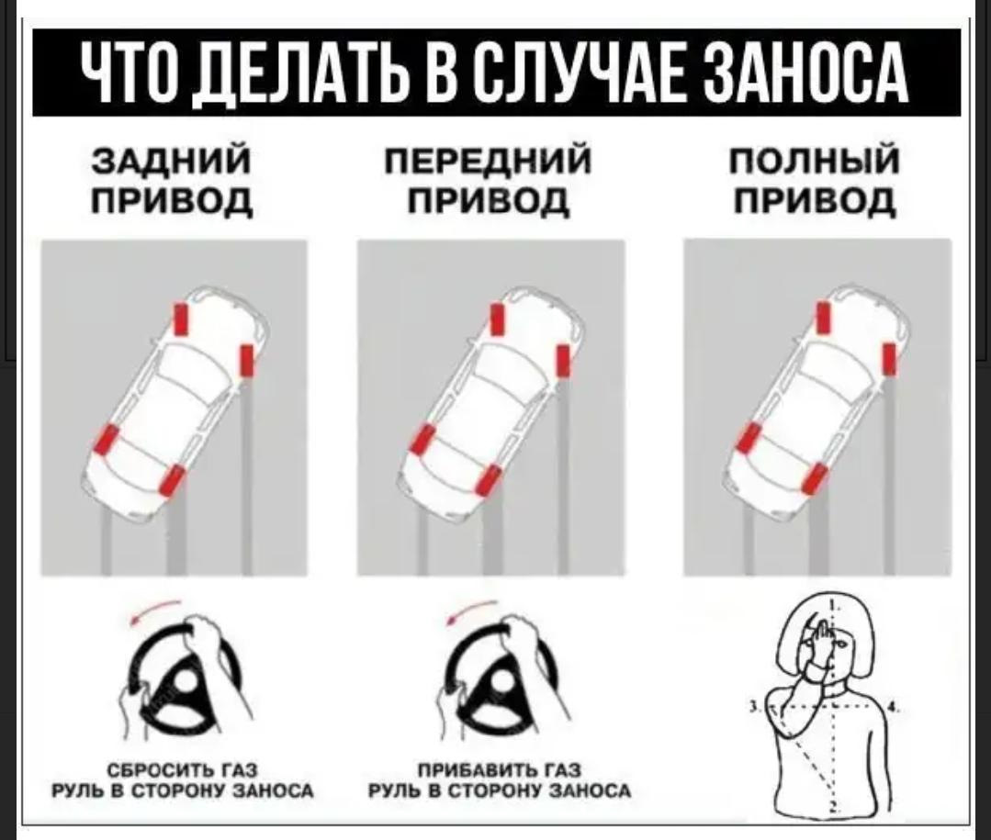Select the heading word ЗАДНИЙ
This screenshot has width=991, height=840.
point(172,161)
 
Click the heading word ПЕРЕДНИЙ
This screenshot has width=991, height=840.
point(489,161)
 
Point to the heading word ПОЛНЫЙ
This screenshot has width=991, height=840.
point(814,161)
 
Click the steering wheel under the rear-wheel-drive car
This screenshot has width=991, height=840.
point(184,678)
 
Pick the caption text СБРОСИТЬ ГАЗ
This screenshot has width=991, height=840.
point(182,770)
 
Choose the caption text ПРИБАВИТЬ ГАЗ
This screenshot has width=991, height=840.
point(501,770)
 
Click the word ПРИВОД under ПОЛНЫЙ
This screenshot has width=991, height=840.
point(815,201)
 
